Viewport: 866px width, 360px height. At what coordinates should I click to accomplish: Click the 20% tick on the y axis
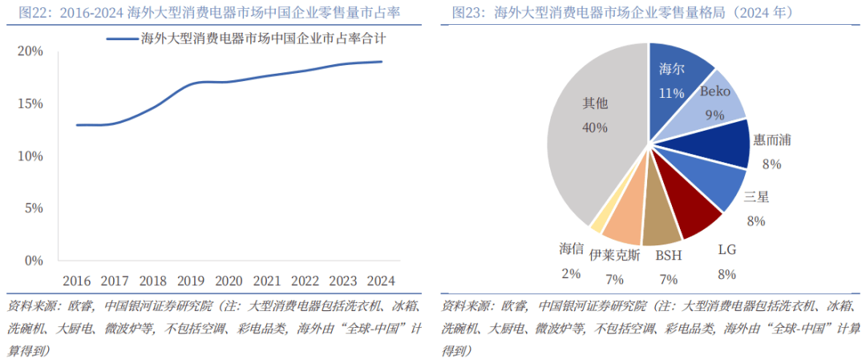(30, 51)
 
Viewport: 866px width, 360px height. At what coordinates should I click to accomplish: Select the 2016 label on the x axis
(76, 281)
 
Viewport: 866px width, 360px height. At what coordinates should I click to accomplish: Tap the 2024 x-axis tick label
(381, 281)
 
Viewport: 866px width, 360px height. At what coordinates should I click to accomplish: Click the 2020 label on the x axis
(229, 281)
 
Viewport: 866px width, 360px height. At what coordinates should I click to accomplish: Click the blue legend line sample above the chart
(121, 38)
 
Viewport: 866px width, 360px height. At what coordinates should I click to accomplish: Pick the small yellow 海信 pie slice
(597, 225)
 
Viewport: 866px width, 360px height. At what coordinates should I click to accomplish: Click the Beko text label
(714, 91)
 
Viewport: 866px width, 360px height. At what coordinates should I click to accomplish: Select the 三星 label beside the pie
(756, 197)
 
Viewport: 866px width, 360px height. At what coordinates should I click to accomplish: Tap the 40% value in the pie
(595, 127)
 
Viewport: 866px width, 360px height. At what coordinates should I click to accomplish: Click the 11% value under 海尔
(670, 92)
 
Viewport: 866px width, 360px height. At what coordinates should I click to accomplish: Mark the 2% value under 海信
(571, 273)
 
